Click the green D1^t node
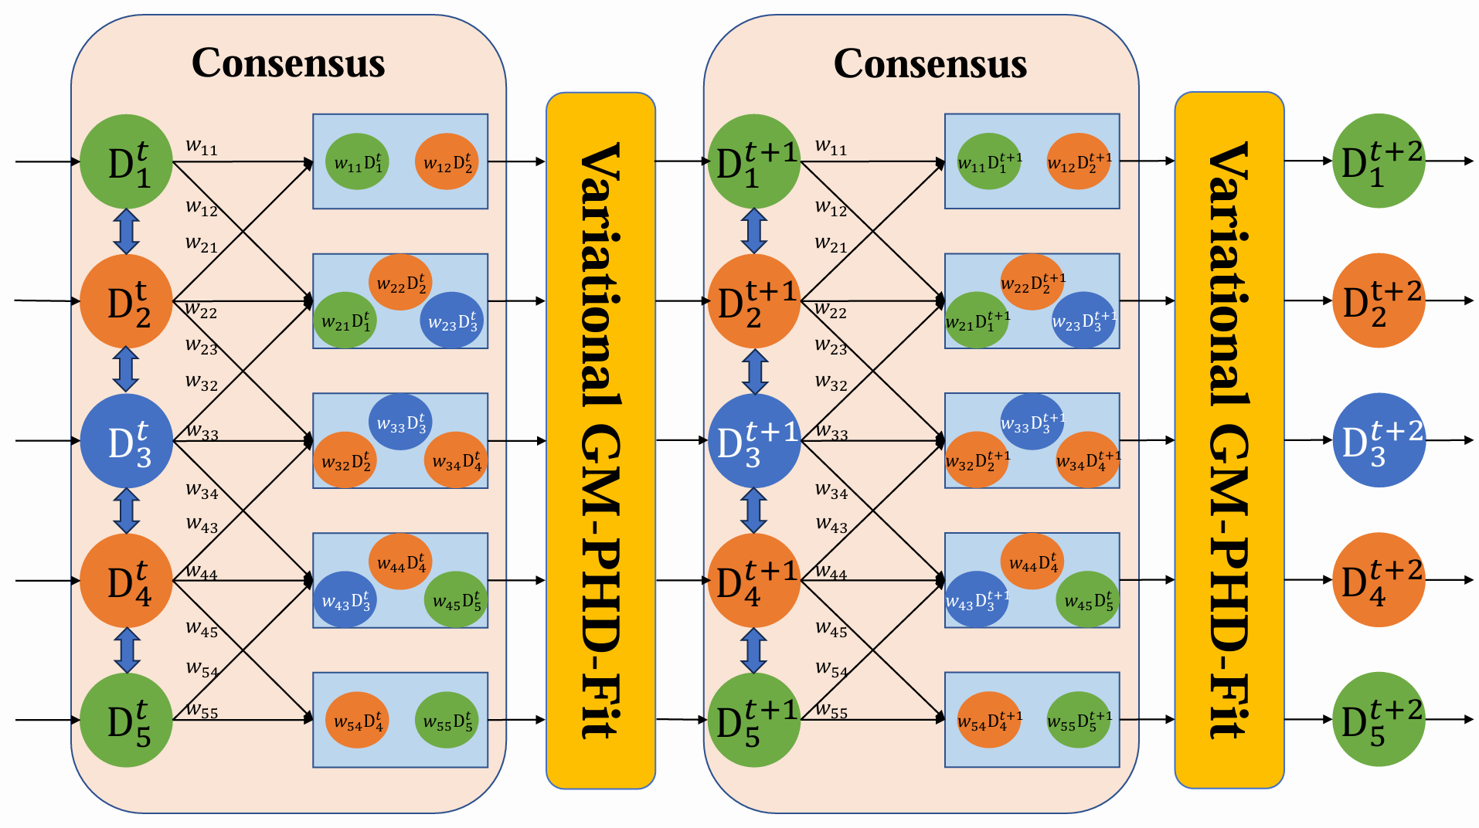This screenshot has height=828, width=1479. click(126, 161)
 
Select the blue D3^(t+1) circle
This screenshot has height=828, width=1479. click(753, 441)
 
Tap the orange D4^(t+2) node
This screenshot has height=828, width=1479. click(1379, 579)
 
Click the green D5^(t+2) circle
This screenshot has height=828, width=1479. click(1379, 719)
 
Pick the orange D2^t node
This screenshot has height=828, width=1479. click(126, 301)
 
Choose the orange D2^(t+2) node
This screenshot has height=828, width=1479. click(1379, 300)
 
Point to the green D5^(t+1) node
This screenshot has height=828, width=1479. click(753, 720)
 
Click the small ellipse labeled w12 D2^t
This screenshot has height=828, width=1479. click(447, 162)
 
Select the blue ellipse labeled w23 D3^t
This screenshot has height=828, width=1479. click(452, 321)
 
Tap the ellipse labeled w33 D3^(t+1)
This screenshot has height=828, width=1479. click(1032, 422)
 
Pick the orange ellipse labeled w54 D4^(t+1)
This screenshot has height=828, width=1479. click(988, 721)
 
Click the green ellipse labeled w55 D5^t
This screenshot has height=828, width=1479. click(447, 721)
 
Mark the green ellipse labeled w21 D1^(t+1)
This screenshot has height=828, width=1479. click(977, 320)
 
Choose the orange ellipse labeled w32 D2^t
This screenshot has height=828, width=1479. click(345, 460)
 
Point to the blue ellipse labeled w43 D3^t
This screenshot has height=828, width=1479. click(345, 599)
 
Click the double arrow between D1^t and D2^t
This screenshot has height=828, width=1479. click(126, 231)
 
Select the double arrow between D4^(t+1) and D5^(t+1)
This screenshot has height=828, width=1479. click(753, 650)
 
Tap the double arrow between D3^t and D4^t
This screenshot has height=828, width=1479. click(126, 511)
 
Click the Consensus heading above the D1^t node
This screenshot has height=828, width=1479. click(288, 63)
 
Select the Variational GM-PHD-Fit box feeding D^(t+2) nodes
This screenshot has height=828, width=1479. click(1229, 440)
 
